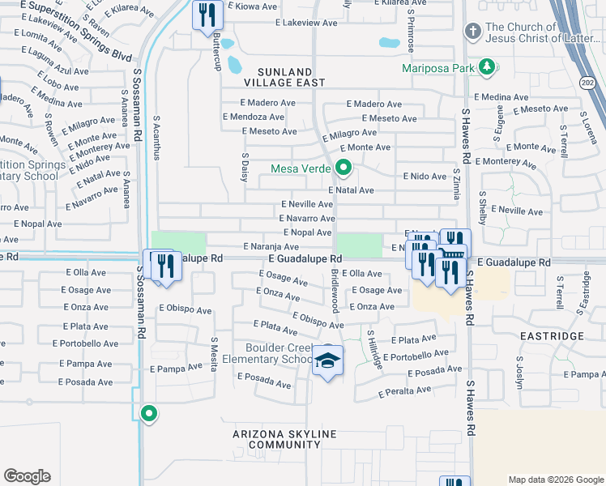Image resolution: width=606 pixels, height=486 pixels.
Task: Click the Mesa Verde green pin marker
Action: pyautogui.click(x=344, y=169)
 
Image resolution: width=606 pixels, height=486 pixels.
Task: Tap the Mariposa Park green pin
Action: pyautogui.click(x=486, y=67)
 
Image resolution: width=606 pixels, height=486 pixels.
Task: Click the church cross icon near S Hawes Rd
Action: pyautogui.click(x=472, y=32)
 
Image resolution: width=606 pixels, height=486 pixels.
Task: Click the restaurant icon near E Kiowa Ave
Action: pyautogui.click(x=207, y=15)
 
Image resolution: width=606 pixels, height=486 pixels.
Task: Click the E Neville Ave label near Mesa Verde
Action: pyautogui.click(x=307, y=205)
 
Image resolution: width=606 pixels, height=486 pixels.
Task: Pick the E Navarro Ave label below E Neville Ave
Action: pyautogui.click(x=307, y=219)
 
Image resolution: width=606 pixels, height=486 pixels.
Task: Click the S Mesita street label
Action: pyautogui.click(x=215, y=354)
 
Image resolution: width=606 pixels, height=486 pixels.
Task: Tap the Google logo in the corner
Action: pyautogui.click(x=28, y=476)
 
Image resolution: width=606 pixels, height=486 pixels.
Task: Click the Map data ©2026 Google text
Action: pyautogui.click(x=555, y=480)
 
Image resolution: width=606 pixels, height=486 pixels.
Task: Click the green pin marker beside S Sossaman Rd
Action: pyautogui.click(x=148, y=414)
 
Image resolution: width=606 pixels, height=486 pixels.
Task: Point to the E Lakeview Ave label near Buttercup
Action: pyautogui.click(x=283, y=23)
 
